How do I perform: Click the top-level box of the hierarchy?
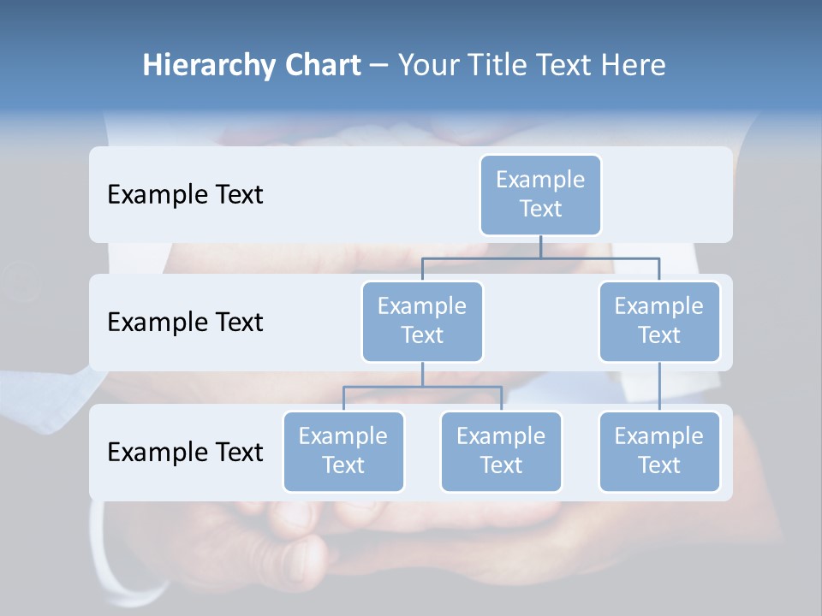coord(540,195)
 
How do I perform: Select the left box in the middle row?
coord(422,322)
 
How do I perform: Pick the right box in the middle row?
coord(659,322)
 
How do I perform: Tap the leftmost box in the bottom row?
coord(343,452)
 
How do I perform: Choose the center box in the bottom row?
coord(501,452)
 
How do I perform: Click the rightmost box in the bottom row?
coord(659,452)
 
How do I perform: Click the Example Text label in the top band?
coord(185,195)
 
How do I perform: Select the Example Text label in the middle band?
coord(185,323)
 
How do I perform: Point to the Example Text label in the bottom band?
coord(185,452)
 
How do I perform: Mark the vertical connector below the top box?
coord(540,246)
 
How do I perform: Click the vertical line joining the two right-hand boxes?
coord(659,387)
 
